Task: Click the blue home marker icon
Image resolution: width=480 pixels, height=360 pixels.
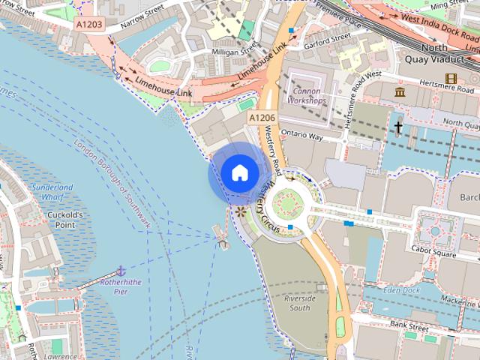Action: (239, 172)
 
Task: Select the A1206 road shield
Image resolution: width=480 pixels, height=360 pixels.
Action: (262, 118)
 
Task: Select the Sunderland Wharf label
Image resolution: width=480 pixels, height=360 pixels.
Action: (52, 191)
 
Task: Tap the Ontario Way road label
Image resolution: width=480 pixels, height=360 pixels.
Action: (301, 137)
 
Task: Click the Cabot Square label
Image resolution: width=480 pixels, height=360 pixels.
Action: (434, 253)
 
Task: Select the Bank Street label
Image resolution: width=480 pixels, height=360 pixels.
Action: (409, 325)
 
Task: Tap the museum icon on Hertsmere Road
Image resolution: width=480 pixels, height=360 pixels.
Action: (400, 91)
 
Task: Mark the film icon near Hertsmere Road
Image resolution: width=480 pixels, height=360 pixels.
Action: (451, 78)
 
